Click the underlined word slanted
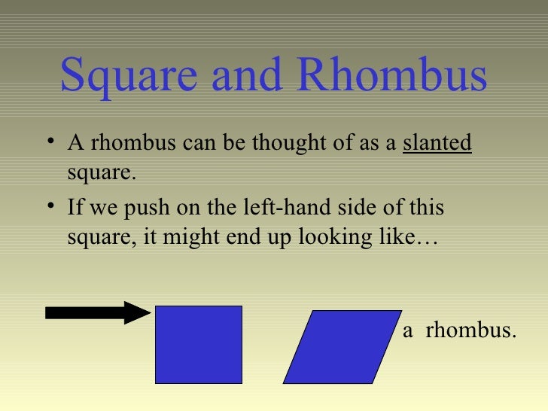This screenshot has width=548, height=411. tap(437, 143)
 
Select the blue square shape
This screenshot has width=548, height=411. tap(199, 344)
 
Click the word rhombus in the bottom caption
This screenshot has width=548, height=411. tap(471, 330)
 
